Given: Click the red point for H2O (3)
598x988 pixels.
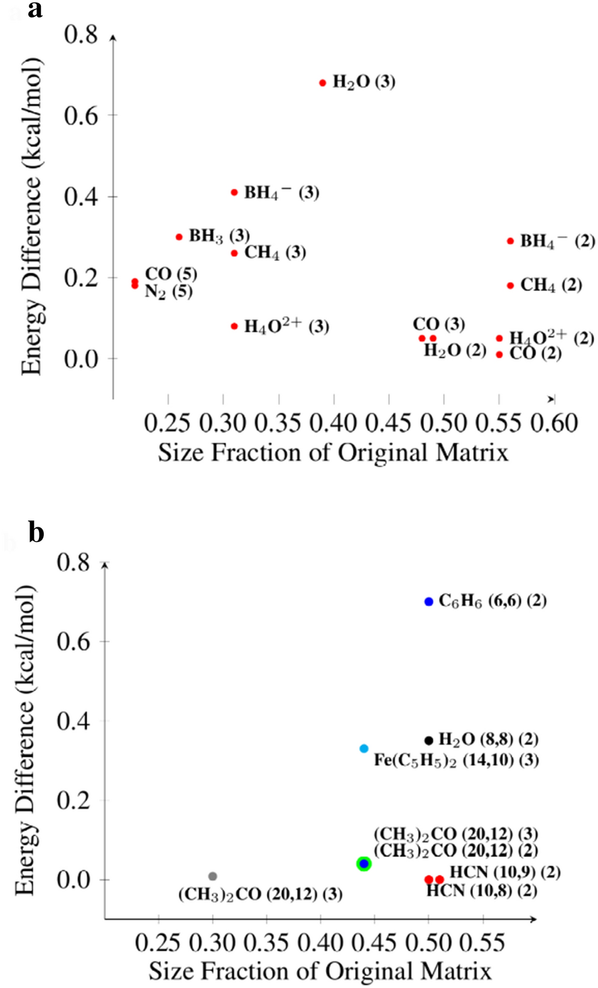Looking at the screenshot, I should [323, 83].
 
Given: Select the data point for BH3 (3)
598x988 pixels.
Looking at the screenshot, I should [179, 237].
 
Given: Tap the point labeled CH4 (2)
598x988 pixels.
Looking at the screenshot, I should [511, 286].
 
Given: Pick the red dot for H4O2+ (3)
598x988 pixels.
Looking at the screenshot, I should [234, 326].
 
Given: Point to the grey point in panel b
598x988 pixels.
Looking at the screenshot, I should [213, 876].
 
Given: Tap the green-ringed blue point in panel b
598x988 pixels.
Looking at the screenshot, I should [364, 864].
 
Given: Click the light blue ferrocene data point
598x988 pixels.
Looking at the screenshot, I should [364, 749].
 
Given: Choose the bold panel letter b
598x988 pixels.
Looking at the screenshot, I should [36, 532].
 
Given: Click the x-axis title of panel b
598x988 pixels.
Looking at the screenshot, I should [320, 971].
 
